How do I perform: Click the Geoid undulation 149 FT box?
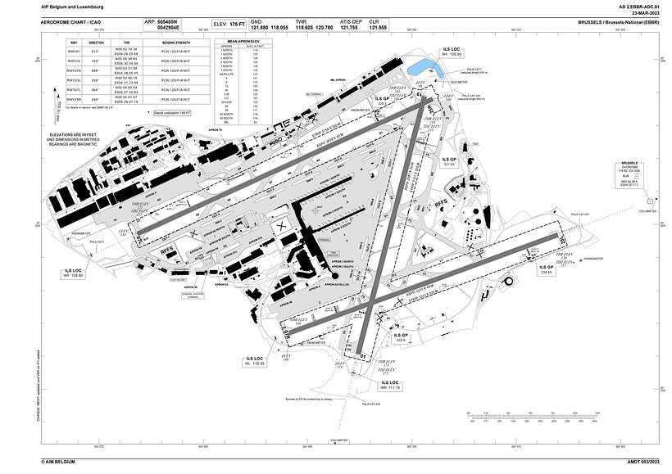point(172,113)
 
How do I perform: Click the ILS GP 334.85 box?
point(546,269)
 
